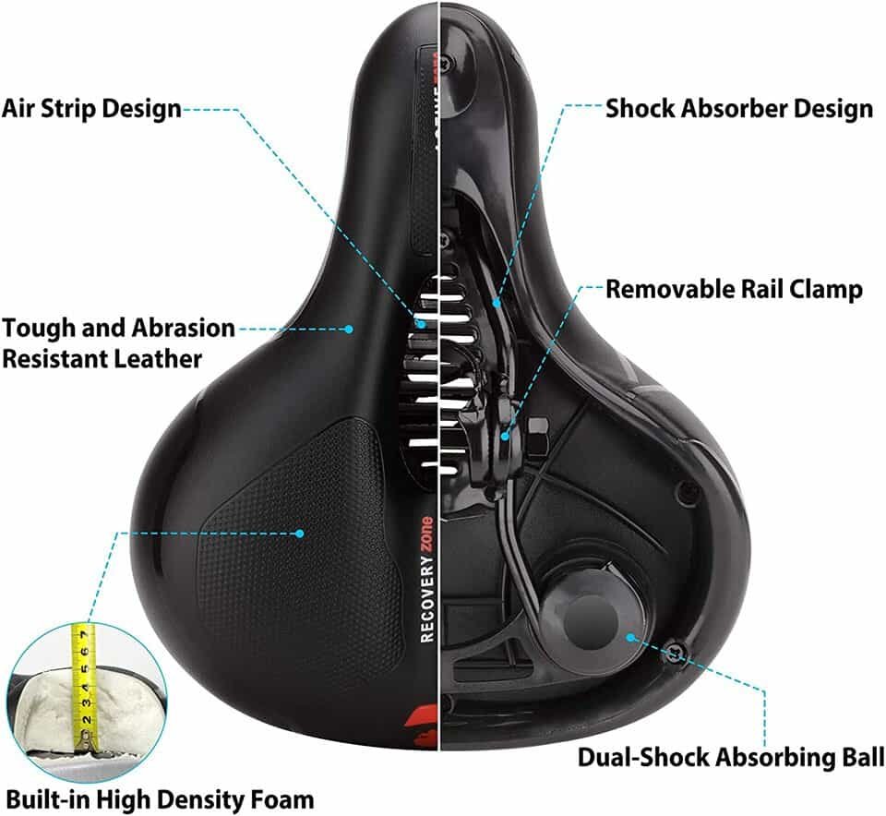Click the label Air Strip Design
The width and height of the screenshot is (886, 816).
(x=91, y=108)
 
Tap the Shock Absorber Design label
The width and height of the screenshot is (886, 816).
(x=738, y=108)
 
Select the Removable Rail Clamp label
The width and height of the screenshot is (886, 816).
(x=734, y=289)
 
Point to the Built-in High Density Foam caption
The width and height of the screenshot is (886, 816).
(x=159, y=798)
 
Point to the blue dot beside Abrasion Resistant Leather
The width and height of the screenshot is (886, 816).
(x=350, y=328)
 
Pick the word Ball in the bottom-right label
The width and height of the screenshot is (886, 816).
(x=855, y=758)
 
